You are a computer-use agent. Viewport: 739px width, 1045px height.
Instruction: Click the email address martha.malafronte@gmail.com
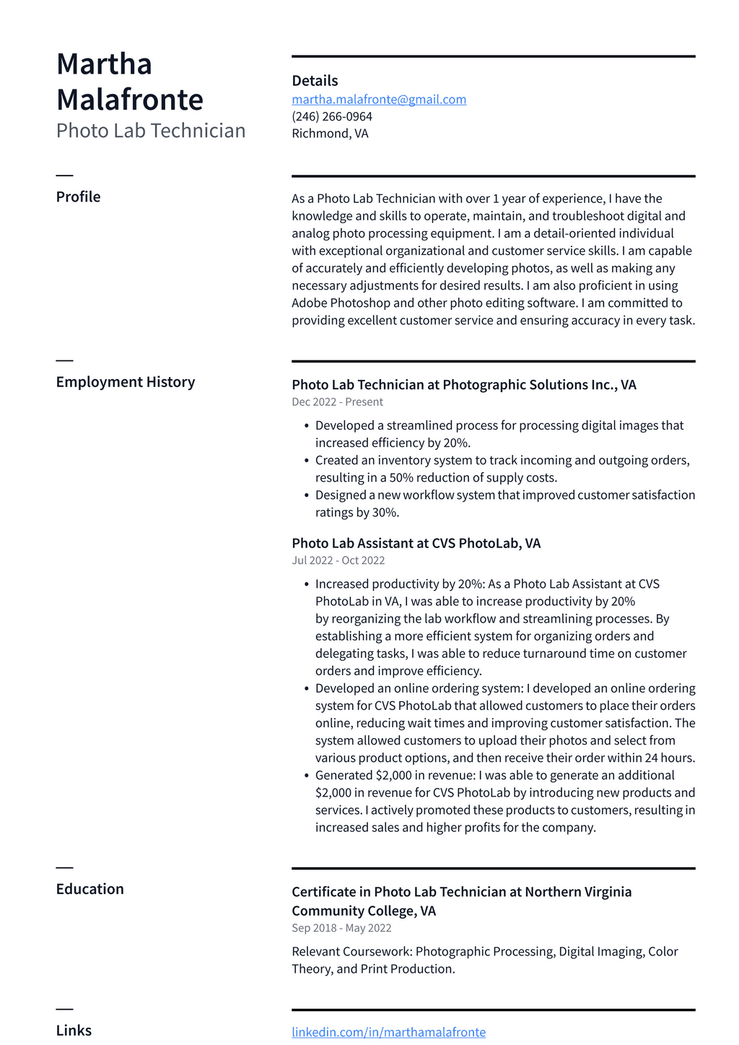[379, 100]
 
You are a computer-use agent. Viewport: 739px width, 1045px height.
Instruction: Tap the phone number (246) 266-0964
[332, 116]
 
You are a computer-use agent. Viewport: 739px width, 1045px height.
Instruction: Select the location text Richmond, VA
[330, 134]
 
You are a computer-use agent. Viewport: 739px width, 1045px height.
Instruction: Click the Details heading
[315, 81]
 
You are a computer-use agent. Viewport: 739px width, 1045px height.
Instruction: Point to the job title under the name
[151, 131]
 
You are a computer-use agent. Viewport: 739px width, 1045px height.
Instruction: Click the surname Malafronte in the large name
[130, 100]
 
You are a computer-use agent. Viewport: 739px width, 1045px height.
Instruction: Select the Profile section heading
[78, 197]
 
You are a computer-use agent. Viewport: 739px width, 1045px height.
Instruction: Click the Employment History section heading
[126, 382]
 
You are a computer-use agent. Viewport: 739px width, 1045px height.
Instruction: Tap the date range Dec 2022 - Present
[337, 402]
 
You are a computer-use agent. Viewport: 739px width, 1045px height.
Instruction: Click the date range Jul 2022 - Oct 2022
[338, 560]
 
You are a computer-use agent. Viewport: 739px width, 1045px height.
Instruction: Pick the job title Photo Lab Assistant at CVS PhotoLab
[416, 543]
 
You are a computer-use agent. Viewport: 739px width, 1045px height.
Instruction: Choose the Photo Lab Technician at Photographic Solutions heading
[463, 385]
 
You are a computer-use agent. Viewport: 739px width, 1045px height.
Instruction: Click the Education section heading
[89, 889]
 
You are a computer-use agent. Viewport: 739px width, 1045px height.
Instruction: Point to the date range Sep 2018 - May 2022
[341, 929]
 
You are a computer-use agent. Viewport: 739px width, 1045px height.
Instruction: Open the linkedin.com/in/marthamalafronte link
[388, 1032]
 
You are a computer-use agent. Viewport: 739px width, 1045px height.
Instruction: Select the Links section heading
[74, 1031]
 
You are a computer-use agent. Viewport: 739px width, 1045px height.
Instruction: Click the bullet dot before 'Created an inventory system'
[307, 461]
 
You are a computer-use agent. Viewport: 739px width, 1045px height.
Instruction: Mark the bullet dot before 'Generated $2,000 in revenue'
[307, 776]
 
